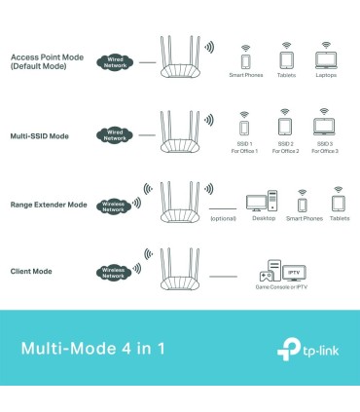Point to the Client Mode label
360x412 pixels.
coord(31,270)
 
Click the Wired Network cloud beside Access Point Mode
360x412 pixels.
coord(116,61)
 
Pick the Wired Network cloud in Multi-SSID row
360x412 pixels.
coord(116,133)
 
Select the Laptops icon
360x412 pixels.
coord(325,59)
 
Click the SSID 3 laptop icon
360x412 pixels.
coord(325,127)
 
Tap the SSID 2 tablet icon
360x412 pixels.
coord(285,127)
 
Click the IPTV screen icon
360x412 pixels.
coord(295,273)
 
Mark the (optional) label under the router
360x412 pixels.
coord(223,219)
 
